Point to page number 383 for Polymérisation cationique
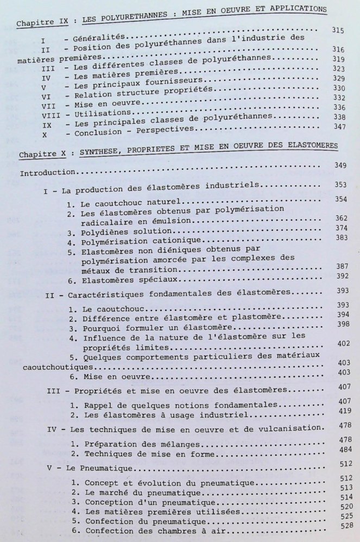coord(340,238)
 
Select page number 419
coord(342,412)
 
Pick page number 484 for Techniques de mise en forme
coord(342,452)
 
